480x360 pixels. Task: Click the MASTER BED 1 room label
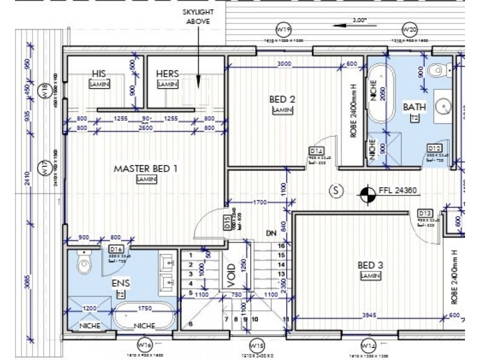145,169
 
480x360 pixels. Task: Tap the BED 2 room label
281,99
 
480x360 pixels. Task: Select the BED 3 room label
368,265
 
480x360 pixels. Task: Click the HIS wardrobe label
99,73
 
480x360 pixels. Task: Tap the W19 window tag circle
283,29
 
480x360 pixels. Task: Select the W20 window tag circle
409,29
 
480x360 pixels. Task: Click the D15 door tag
227,223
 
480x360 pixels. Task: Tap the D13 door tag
425,213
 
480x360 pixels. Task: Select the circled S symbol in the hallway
336,191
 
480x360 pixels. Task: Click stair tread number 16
280,245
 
